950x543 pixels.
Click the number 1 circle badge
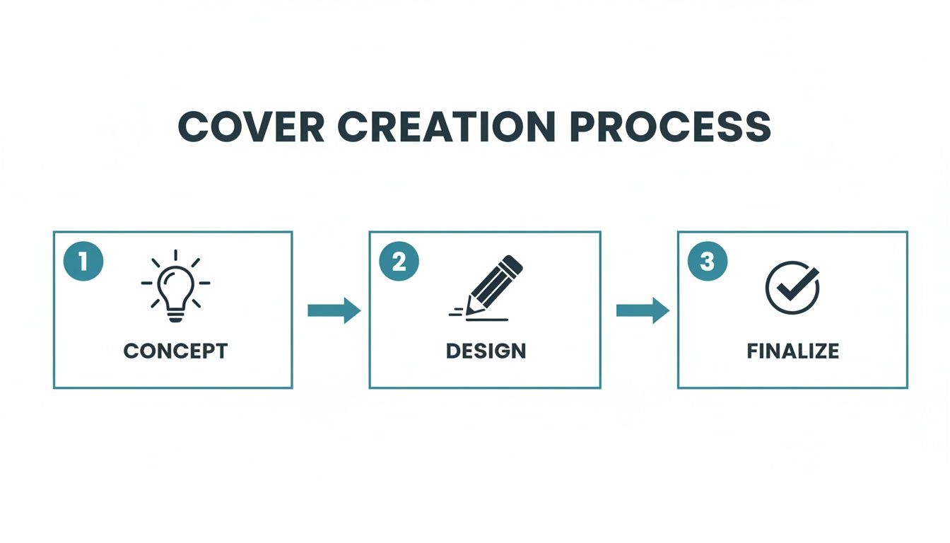point(83,262)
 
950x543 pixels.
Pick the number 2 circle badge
point(399,262)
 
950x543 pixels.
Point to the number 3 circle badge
point(707,262)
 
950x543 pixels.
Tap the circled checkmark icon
point(792,286)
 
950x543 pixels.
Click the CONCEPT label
point(175,351)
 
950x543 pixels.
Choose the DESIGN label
point(486,351)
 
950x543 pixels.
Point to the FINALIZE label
point(793,351)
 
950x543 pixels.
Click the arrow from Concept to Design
point(334,310)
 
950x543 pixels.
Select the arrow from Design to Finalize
point(643,310)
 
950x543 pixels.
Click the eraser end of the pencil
point(514,264)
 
